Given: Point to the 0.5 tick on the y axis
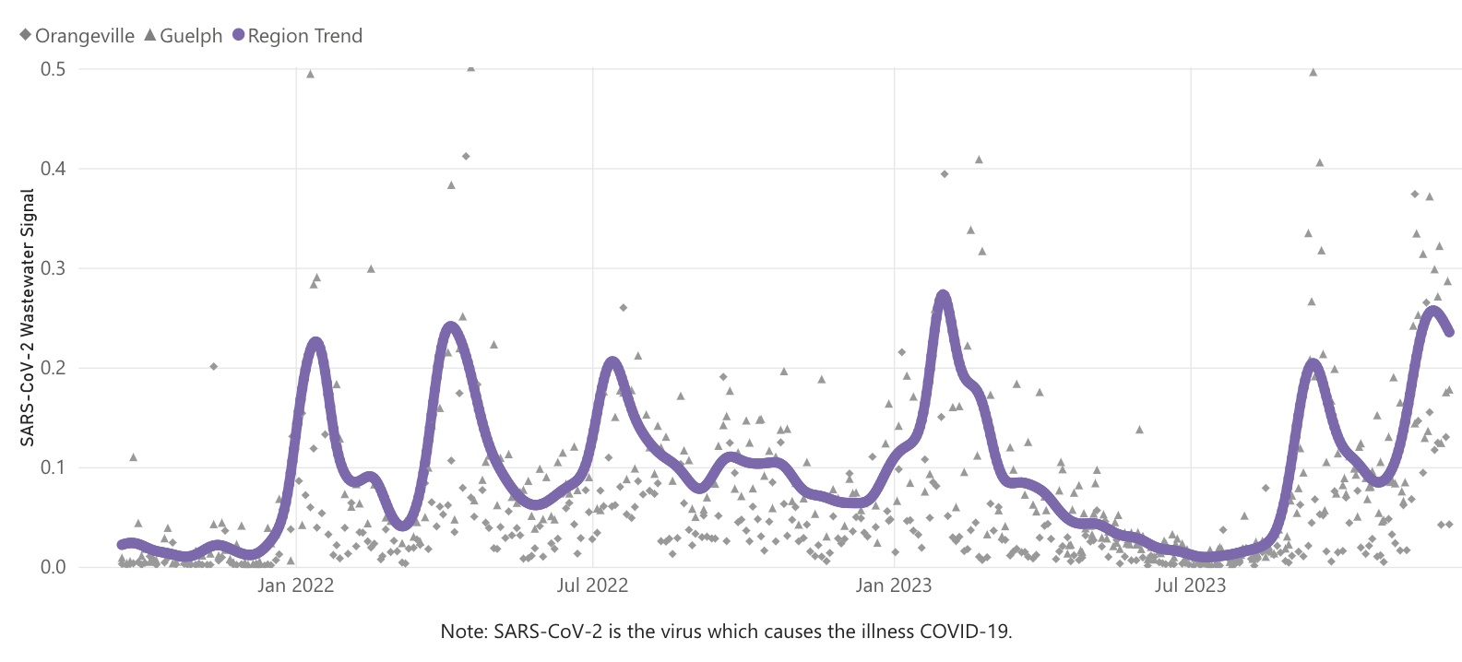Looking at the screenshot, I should [x=53, y=69].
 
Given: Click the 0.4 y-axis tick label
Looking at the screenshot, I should [x=53, y=168].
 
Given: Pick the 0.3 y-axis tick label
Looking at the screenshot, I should [x=53, y=268].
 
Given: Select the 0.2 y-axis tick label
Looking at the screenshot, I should [x=53, y=368].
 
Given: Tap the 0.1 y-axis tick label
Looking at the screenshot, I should [x=53, y=467].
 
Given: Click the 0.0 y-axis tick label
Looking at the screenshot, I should [x=53, y=567].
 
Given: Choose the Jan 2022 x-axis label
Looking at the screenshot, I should [x=295, y=585].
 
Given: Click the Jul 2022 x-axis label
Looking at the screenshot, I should [x=592, y=585].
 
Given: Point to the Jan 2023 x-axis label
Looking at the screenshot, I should [x=893, y=585].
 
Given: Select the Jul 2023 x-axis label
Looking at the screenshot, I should [x=1190, y=585].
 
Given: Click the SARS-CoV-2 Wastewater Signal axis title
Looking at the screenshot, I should [x=28, y=317].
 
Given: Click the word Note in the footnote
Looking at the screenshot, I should [x=462, y=632].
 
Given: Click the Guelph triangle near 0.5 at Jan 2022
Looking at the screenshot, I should [x=310, y=74].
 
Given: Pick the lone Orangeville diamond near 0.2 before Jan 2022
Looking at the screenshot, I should [x=213, y=366].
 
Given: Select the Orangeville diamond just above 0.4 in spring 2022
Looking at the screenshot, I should [x=466, y=156].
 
